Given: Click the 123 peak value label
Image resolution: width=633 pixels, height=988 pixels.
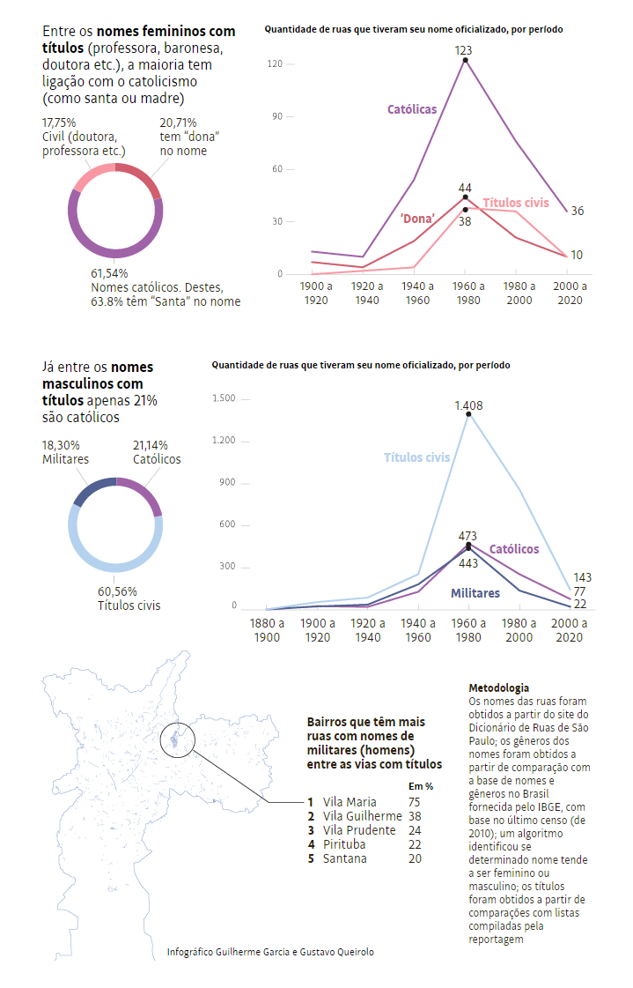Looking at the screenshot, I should pos(464,50).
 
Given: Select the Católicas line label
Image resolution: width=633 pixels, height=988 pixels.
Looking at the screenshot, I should pos(412,109).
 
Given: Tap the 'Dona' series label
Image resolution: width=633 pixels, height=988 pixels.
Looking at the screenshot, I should pos(418,217).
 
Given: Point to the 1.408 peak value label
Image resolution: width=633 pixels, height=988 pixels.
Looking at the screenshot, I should pos(468,405).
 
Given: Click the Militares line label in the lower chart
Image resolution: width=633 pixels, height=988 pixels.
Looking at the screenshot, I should pos(475,593).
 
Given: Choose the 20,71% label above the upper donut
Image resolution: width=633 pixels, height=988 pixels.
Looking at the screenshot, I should pos(178,123).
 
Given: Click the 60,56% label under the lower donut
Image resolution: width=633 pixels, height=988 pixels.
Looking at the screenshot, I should pos(118,591).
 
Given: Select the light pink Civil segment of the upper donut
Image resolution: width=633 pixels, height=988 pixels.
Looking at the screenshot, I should pos(90,177).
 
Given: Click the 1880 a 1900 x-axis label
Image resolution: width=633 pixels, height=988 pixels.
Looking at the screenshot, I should pos(266,629).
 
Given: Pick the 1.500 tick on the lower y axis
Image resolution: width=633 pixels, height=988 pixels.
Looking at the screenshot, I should pos(224,398).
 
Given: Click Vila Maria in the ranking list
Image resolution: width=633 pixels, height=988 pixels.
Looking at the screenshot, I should pos(350,802).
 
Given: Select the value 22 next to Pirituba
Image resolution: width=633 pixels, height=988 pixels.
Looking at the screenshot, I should pos(415,844).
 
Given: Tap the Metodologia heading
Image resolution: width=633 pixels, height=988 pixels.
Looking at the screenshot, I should pos(499,687).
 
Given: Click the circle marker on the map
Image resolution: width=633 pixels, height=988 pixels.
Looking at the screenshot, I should pos(179,738).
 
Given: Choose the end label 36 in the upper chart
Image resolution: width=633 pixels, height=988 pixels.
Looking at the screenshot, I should pos(577,212).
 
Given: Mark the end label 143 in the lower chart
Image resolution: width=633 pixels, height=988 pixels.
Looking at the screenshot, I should pos(582,577).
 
